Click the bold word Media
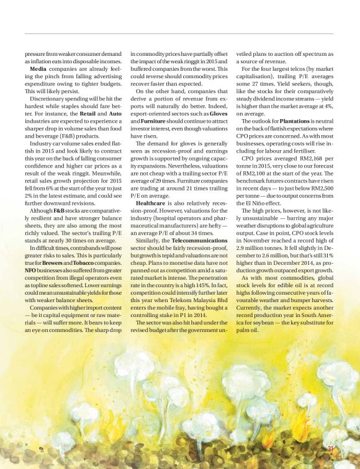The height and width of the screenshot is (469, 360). click(x=41, y=69)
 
